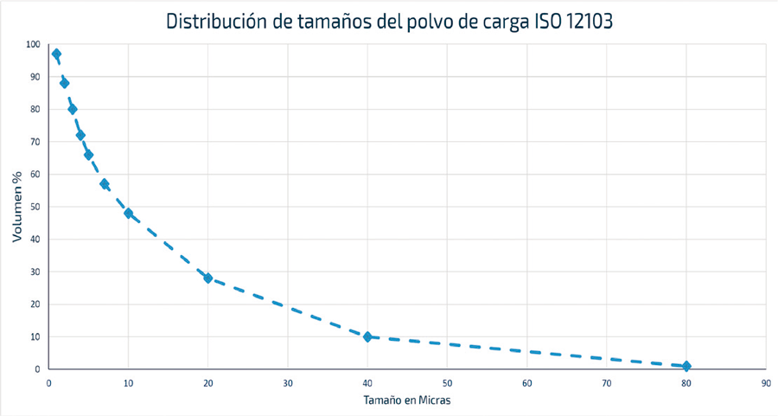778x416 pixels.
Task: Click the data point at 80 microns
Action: point(686,366)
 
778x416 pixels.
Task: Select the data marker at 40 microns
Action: point(367,336)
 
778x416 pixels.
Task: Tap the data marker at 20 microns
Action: point(208,278)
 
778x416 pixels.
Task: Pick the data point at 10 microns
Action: point(128,213)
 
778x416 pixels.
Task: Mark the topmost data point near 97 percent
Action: point(56,54)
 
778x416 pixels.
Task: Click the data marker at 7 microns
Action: point(104,183)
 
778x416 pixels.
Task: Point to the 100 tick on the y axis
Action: point(33,44)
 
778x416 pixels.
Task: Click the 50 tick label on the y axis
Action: point(35,207)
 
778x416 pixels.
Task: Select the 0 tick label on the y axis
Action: point(37,369)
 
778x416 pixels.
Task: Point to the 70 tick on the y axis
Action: point(35,142)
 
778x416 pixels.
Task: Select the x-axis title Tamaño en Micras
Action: point(407,400)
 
